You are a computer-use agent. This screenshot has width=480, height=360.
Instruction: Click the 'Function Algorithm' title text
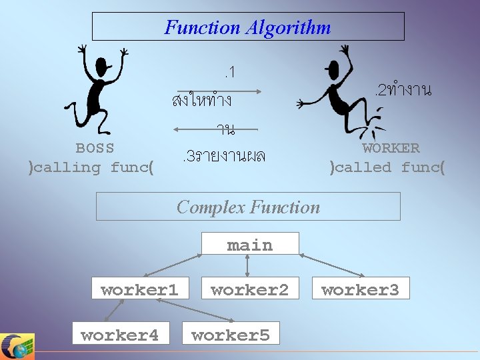[x=247, y=27]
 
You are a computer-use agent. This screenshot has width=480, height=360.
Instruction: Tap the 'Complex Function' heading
[x=248, y=207]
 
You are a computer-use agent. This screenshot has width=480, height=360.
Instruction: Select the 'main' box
[x=250, y=244]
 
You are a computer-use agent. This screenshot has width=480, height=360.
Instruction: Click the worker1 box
[x=139, y=289]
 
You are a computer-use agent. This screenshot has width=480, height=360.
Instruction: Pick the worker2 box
[x=249, y=289]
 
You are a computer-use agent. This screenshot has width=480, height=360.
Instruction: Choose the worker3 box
[x=360, y=289]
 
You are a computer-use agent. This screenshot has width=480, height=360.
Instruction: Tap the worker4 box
[x=120, y=334]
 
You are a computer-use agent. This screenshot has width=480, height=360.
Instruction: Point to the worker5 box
[x=231, y=334]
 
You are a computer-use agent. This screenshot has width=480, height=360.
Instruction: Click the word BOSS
[x=95, y=148]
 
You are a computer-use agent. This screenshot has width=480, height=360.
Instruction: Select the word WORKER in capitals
[x=391, y=148]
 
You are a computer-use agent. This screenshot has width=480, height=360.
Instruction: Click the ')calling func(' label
[x=91, y=167]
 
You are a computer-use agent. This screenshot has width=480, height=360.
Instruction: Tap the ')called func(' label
[x=387, y=167]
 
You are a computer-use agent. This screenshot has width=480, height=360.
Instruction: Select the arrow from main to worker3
[x=331, y=265]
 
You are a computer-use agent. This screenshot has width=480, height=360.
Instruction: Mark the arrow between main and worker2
[x=248, y=265]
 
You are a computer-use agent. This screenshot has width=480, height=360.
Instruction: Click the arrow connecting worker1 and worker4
[x=114, y=310]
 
